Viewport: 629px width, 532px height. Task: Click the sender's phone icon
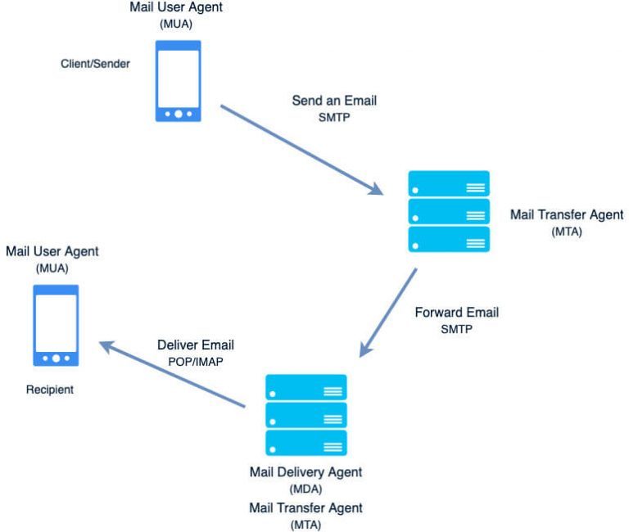pyautogui.click(x=178, y=80)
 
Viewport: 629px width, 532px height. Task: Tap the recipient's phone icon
pyautogui.click(x=56, y=325)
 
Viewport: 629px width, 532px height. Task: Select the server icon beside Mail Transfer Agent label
pyautogui.click(x=449, y=210)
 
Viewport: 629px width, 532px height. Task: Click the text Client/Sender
pyautogui.click(x=95, y=63)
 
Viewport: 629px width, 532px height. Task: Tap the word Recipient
pyautogui.click(x=48, y=390)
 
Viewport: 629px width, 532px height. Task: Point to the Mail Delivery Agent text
pyautogui.click(x=305, y=472)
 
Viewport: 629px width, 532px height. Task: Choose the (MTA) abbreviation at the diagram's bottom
pyautogui.click(x=305, y=524)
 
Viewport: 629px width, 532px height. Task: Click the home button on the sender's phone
pyautogui.click(x=178, y=114)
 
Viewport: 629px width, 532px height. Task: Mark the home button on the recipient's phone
pyautogui.click(x=56, y=358)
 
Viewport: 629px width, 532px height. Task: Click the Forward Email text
pyautogui.click(x=456, y=312)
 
